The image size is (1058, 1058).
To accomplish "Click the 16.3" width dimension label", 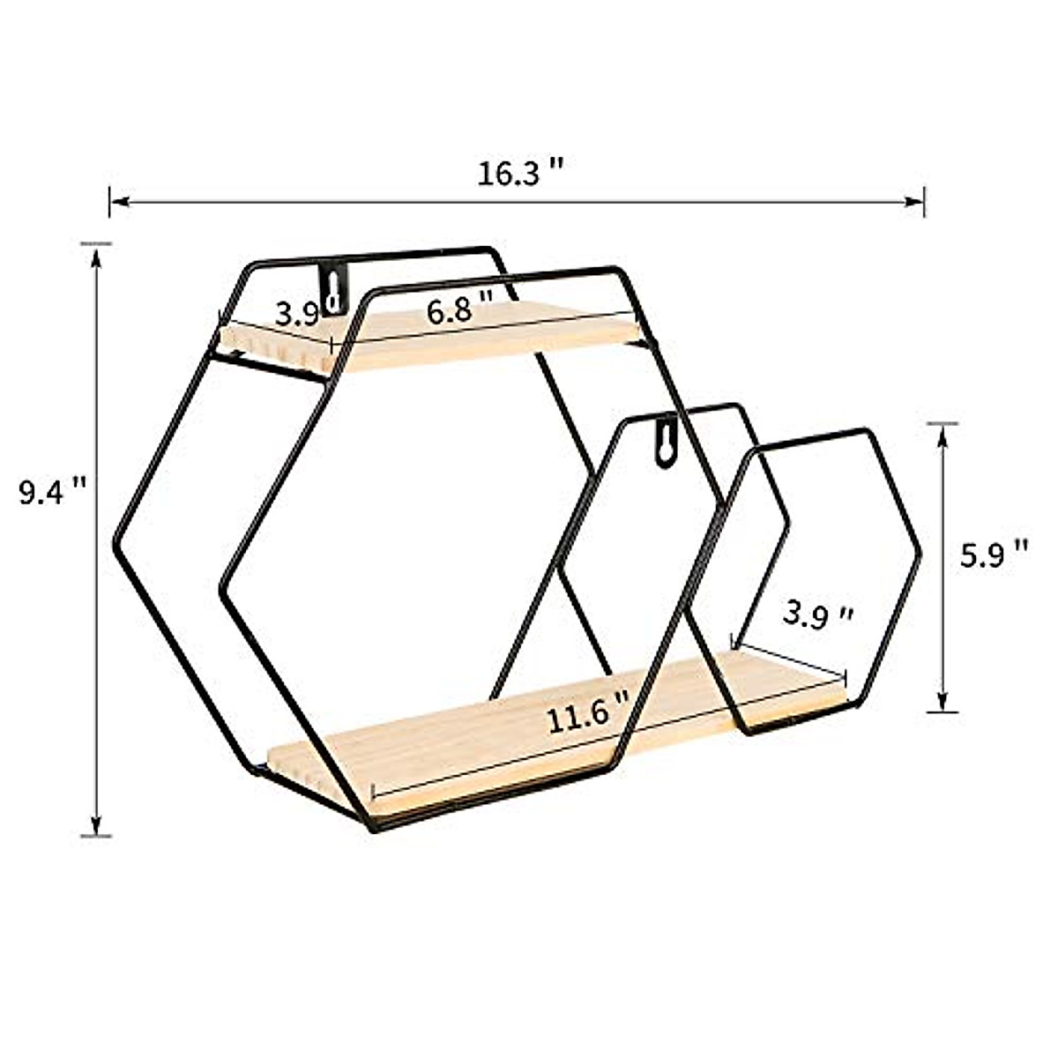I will [x=521, y=173].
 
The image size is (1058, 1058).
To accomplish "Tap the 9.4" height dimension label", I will [x=53, y=491].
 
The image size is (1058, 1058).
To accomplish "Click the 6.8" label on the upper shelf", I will [x=458, y=310].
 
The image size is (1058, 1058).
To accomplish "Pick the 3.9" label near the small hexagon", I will [x=818, y=615].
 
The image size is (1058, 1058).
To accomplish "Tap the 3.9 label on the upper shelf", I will [x=296, y=314].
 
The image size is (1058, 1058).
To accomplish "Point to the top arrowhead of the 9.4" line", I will [x=97, y=252].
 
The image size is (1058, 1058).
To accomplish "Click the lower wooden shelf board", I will [x=494, y=741].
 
